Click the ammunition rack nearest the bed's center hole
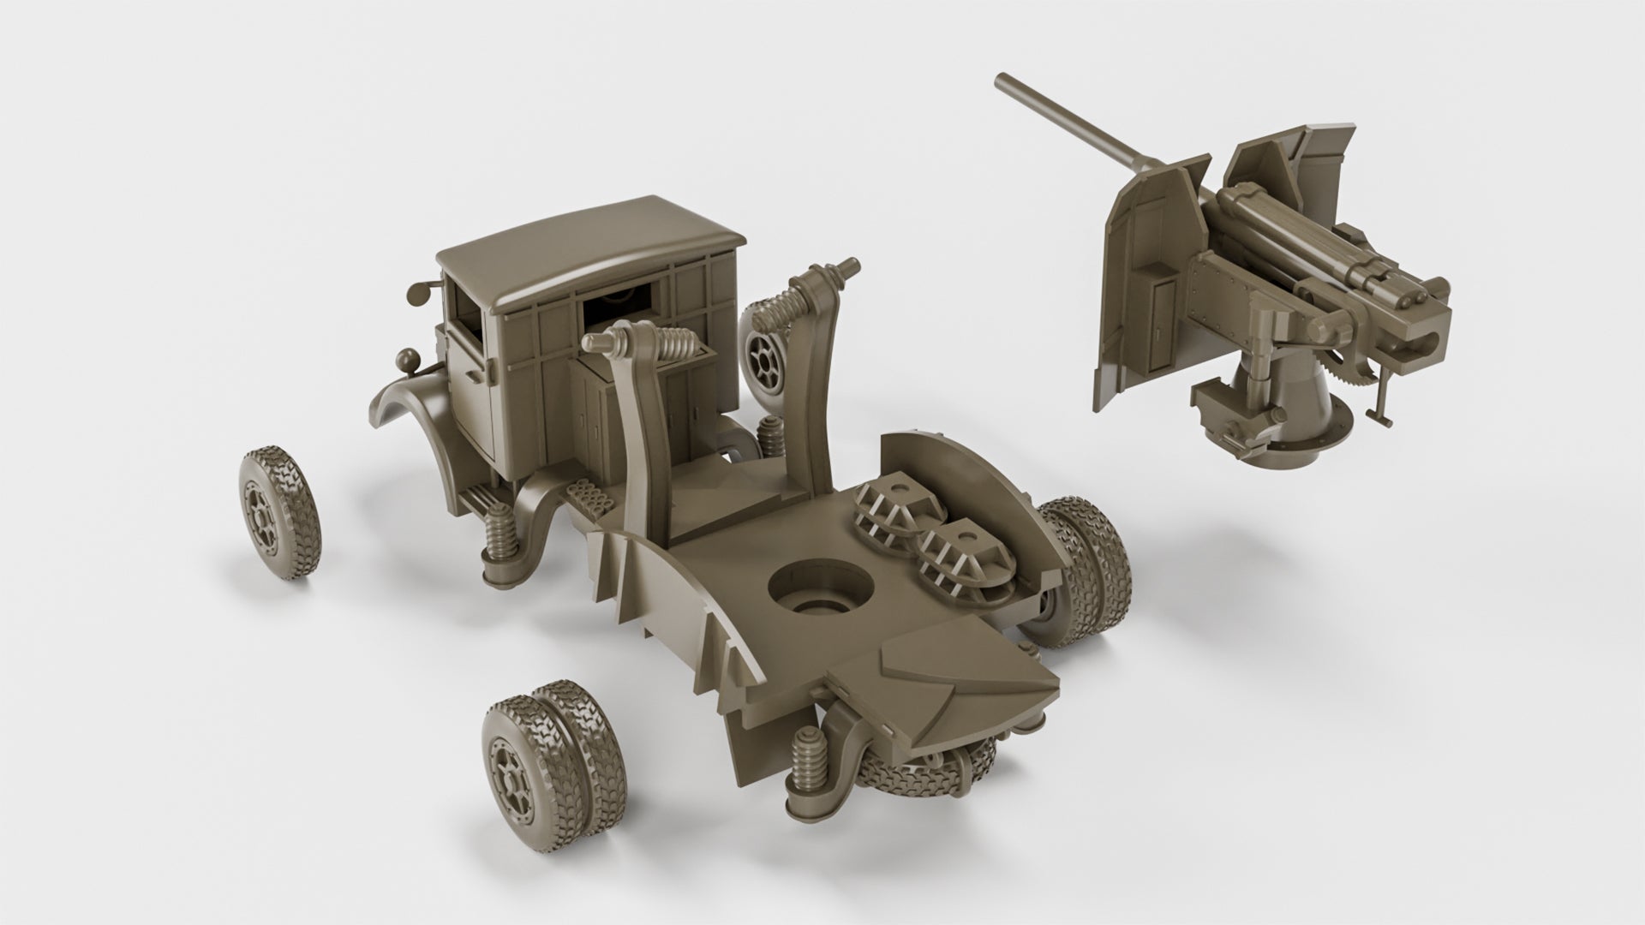click(954, 558)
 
